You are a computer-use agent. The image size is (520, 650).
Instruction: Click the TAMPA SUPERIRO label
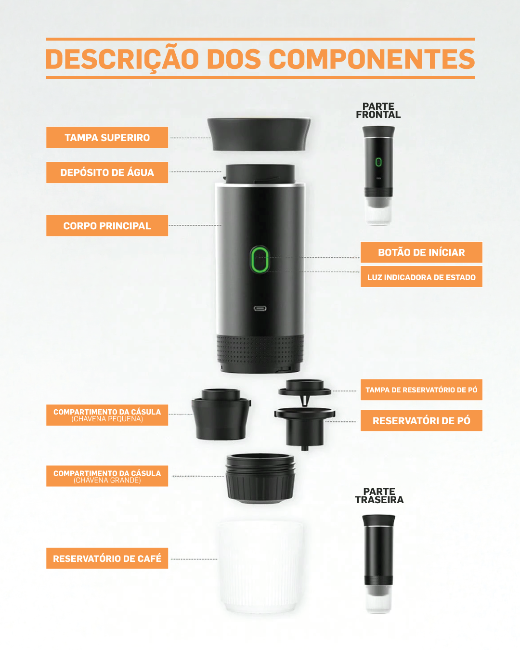107,137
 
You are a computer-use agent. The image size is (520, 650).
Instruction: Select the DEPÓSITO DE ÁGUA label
107,172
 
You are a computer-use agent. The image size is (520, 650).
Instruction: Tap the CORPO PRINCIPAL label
107,226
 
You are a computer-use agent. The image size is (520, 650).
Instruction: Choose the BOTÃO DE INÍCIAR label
421,252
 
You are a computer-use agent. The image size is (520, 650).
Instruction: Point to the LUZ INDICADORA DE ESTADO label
421,277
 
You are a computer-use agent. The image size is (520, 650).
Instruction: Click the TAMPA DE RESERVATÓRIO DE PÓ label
421,390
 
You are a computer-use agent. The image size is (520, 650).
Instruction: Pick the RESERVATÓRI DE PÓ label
421,420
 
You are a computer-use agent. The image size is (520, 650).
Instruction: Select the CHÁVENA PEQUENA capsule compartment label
107,415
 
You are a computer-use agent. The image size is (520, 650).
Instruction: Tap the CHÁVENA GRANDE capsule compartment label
107,476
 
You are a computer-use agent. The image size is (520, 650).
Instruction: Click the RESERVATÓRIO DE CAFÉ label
107,558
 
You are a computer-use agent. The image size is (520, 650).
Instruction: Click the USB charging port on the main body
260,308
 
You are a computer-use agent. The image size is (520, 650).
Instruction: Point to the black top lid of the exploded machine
259,134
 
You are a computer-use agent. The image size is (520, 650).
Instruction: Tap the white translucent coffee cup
260,567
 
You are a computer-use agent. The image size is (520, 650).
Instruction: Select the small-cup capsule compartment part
221,415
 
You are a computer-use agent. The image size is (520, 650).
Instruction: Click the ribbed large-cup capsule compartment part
260,479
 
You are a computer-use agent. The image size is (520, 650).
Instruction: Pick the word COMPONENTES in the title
371,59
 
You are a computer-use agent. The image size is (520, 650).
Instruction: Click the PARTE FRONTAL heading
378,111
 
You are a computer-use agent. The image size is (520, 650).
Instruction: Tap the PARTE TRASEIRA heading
379,495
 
